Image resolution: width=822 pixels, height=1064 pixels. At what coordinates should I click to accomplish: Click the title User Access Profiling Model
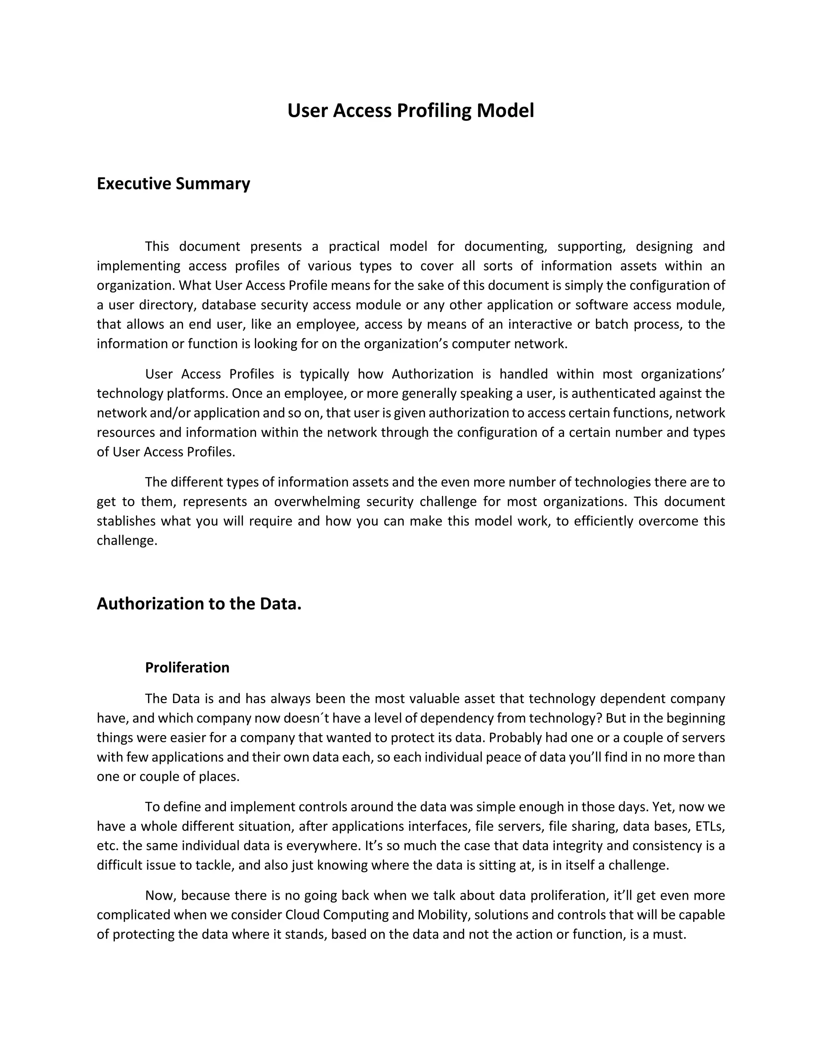click(411, 110)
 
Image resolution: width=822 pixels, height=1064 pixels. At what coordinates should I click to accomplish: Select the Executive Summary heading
click(173, 183)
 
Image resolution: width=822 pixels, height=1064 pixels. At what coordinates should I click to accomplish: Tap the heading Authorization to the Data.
click(199, 603)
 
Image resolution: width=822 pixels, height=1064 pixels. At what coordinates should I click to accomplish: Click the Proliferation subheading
click(187, 667)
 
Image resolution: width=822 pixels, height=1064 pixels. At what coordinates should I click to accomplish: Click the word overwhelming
click(315, 501)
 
